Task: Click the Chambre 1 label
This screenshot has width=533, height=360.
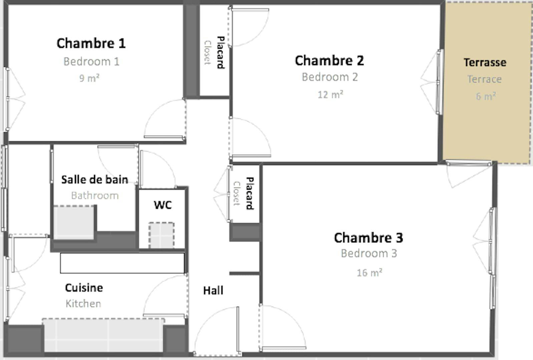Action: click(91, 44)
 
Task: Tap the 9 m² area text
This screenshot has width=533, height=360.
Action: click(89, 78)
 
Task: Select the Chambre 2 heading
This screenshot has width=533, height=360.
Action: click(329, 61)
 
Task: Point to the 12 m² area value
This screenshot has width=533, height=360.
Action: click(330, 95)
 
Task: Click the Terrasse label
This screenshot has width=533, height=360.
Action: click(485, 63)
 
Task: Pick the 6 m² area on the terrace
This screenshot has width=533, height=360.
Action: click(486, 96)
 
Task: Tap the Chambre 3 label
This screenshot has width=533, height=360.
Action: click(369, 238)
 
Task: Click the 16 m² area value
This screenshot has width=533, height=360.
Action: click(370, 273)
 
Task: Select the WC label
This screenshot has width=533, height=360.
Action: click(163, 205)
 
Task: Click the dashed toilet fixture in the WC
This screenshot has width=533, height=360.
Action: click(161, 235)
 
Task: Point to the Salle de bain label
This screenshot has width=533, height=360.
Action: click(95, 180)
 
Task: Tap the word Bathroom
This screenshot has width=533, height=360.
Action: click(95, 196)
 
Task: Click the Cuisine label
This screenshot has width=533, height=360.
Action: click(84, 288)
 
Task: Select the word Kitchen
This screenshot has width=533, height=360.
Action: click(83, 304)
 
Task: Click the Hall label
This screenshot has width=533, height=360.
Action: click(213, 291)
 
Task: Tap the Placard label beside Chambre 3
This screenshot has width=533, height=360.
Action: click(250, 193)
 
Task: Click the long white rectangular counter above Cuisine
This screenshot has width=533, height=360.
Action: click(122, 263)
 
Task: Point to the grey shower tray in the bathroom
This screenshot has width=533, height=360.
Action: click(74, 223)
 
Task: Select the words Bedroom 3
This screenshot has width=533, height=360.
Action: click(369, 253)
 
